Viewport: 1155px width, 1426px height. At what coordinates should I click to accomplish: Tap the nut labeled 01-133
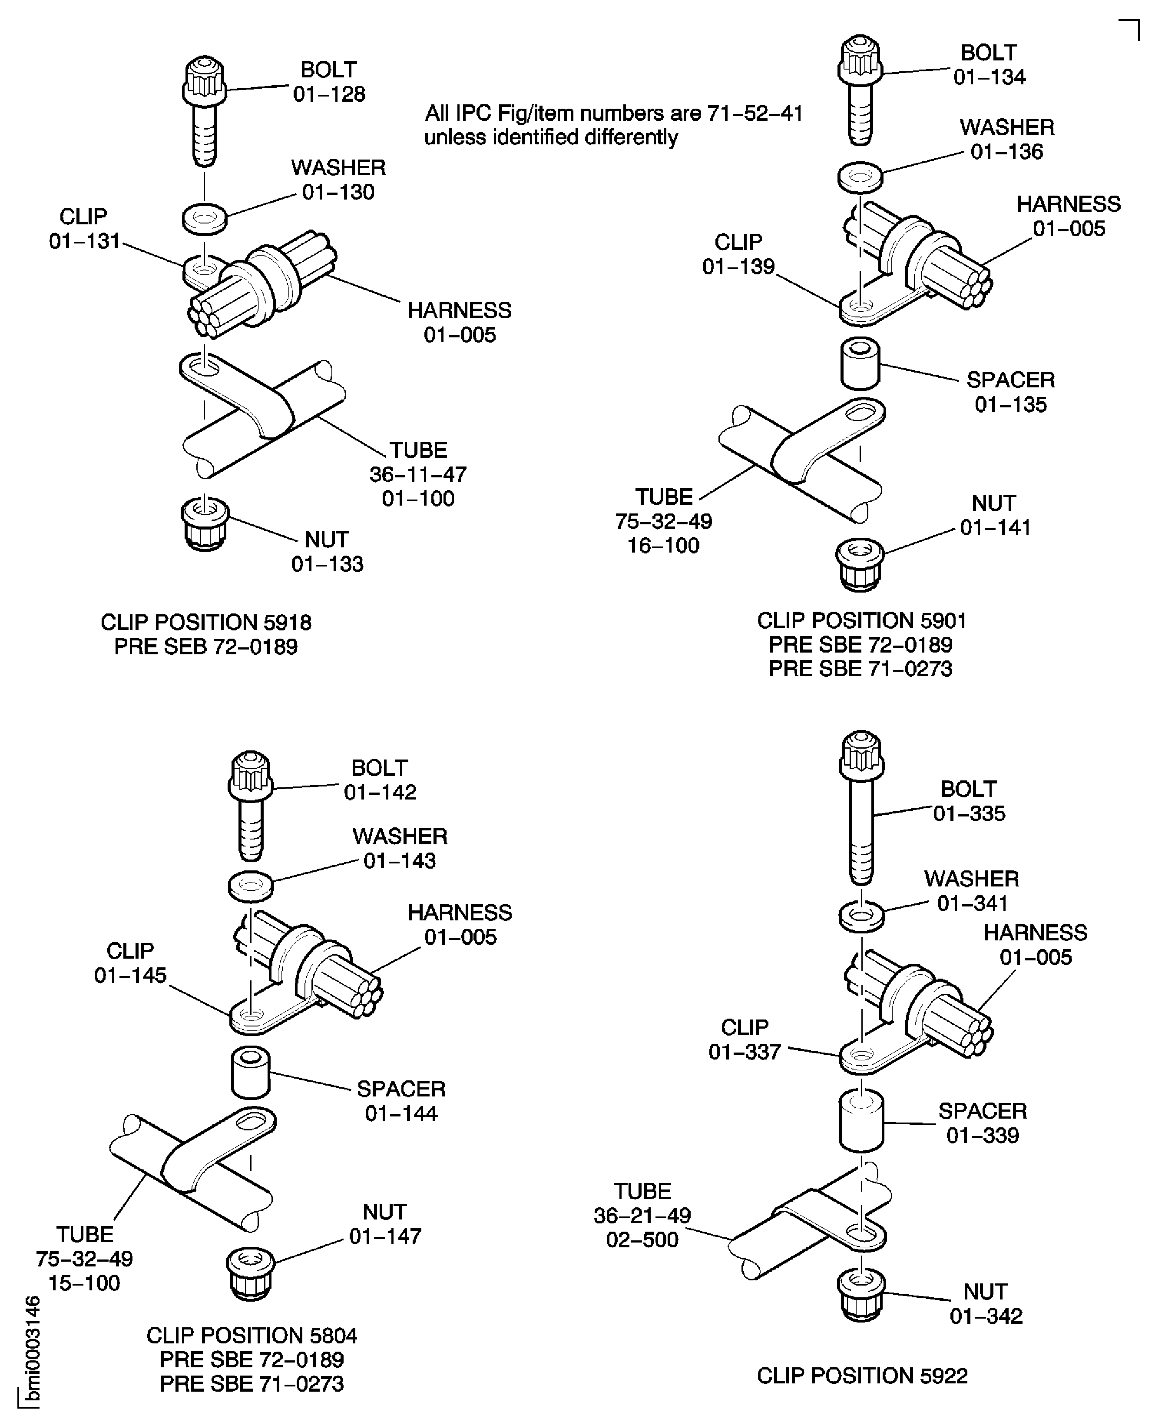(205, 525)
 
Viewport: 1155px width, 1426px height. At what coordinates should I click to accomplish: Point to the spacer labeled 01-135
(860, 364)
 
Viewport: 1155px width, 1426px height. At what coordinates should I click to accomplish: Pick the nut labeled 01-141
(860, 565)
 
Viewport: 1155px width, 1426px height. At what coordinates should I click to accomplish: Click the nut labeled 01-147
(251, 1273)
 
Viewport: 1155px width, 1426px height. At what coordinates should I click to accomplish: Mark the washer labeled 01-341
(862, 916)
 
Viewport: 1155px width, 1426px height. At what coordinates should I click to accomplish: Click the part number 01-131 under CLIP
(85, 241)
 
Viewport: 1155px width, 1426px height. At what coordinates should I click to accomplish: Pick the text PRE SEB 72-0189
(205, 646)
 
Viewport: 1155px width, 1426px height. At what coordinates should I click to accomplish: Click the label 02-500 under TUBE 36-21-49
(642, 1239)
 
